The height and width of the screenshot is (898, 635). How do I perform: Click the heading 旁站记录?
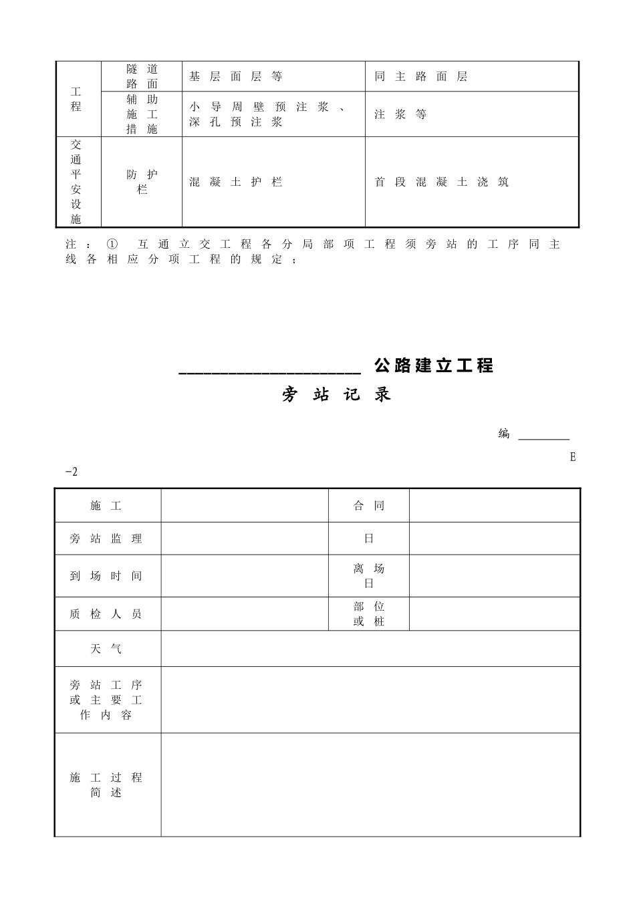click(x=336, y=395)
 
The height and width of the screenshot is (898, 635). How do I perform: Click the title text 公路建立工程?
click(x=434, y=365)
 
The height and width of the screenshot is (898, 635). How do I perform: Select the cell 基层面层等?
click(x=235, y=77)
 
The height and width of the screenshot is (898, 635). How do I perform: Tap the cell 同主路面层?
click(x=420, y=77)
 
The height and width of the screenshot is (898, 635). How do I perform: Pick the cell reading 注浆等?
click(x=400, y=114)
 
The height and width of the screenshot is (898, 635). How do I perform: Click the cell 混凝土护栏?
click(x=235, y=182)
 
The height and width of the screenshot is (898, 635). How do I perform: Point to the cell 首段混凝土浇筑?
click(x=441, y=182)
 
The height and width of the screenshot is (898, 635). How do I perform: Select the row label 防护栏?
click(x=142, y=182)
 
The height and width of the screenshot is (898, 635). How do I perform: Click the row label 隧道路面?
click(x=142, y=76)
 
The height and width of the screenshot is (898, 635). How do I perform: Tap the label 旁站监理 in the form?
click(x=106, y=539)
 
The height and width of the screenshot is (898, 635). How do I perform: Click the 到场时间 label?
click(x=106, y=576)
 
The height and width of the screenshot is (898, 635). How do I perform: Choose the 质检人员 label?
click(x=106, y=614)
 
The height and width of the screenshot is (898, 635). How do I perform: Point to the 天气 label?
click(x=106, y=649)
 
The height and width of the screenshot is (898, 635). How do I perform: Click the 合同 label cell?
click(x=369, y=506)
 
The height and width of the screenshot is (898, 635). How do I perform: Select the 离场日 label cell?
click(x=369, y=576)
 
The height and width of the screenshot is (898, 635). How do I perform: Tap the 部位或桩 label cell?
click(x=369, y=614)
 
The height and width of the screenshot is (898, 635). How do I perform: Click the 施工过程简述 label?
click(x=106, y=785)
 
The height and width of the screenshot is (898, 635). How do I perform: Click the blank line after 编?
click(x=544, y=436)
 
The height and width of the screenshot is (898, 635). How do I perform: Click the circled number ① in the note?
click(x=112, y=245)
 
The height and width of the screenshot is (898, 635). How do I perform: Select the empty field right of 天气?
click(x=370, y=649)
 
